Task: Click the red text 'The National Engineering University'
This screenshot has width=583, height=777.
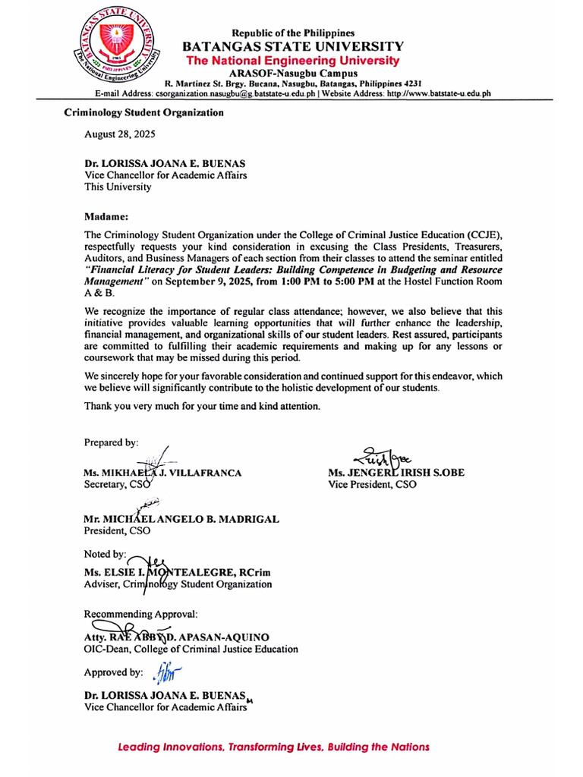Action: coord(293,60)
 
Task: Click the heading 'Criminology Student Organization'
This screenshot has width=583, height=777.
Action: coord(143,112)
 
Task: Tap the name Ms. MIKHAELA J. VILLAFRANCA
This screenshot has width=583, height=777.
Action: coord(162,473)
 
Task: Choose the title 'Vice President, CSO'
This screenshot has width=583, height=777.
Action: coord(372,484)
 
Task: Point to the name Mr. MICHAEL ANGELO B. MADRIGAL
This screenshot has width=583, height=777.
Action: coord(181,519)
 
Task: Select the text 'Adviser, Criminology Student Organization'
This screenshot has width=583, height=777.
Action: coord(178,584)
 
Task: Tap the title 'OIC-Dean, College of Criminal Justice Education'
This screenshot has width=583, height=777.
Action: coord(191,649)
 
